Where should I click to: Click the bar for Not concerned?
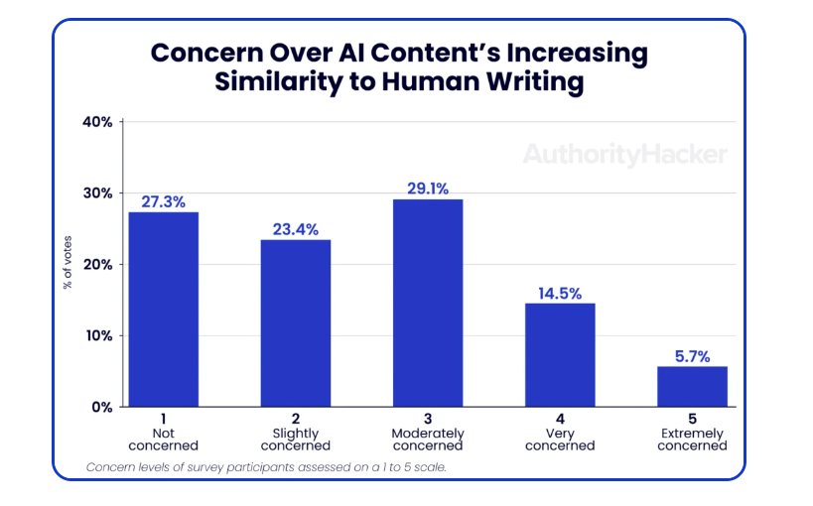tap(163, 309)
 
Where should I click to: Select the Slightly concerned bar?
tap(296, 322)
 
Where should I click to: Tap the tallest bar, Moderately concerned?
tap(427, 303)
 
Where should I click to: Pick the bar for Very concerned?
tap(560, 354)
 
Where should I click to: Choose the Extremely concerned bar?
tap(692, 386)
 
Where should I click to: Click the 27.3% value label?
tap(163, 201)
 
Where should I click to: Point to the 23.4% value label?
tap(296, 229)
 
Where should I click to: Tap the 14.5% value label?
tap(560, 293)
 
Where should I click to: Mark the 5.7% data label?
tap(692, 356)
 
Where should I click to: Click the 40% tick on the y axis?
tap(97, 122)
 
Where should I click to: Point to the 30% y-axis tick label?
tap(97, 193)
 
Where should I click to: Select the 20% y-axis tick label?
tap(97, 265)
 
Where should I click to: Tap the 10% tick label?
tap(97, 335)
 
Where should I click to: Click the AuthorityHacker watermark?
tap(624, 154)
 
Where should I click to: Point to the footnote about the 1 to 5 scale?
tap(266, 466)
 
